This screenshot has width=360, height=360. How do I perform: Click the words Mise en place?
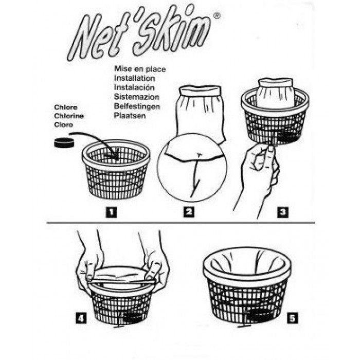(140, 68)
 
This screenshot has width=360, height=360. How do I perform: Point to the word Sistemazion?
(136, 97)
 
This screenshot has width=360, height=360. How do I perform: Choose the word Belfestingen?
(137, 106)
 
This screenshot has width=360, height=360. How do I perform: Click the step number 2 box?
(190, 210)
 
